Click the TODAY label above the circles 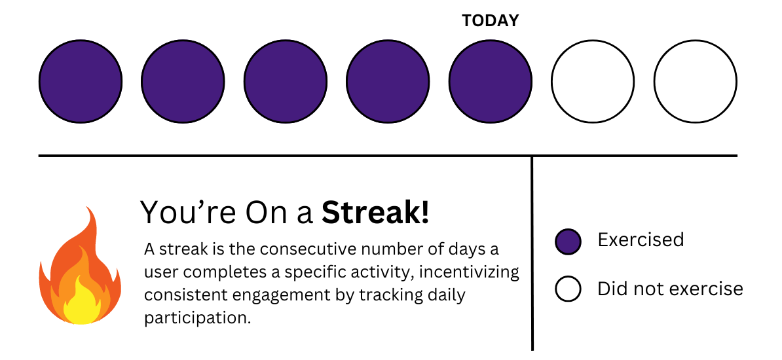(490, 21)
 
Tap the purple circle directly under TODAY (491, 81)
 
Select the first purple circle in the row (81, 81)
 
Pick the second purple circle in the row (183, 81)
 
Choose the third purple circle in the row (286, 81)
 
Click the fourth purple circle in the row (388, 81)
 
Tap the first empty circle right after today (593, 81)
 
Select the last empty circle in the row (696, 81)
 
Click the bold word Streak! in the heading (375, 213)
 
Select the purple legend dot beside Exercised (568, 241)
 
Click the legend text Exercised (641, 240)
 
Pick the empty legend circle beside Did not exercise (568, 289)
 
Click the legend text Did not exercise (670, 289)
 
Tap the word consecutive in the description (303, 249)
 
